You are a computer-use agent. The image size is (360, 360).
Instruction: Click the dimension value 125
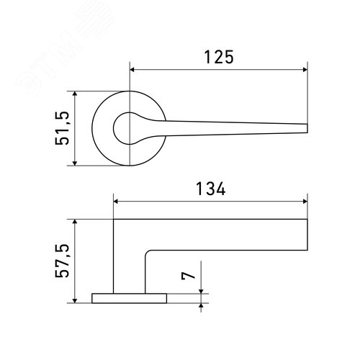pos(219,57)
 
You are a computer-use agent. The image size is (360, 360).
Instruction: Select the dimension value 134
pos(211,189)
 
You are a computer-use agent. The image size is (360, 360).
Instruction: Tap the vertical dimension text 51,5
pos(62,128)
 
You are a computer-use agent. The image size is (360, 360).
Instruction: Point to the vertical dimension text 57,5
pos(62,261)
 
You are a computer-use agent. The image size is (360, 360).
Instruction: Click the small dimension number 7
pos(188,276)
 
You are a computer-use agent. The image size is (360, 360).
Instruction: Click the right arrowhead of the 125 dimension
pos(305,70)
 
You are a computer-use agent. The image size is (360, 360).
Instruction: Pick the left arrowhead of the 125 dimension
pos(132,70)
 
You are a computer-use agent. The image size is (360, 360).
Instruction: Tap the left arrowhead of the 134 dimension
pos(116,202)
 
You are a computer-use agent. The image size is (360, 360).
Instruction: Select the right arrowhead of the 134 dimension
pos(305,202)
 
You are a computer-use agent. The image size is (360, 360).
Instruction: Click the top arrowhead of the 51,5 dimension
pos(75,94)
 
